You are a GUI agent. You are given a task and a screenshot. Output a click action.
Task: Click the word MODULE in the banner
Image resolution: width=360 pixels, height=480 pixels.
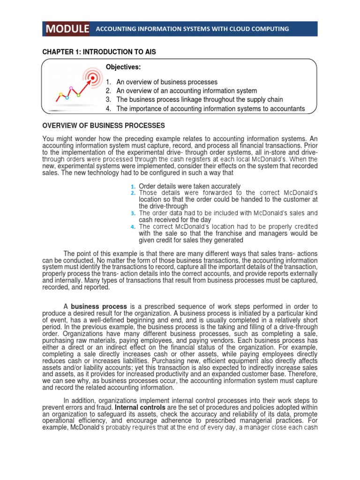(x=67, y=29)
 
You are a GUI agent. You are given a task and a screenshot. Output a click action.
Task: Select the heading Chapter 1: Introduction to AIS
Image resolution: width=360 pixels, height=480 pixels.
(x=99, y=52)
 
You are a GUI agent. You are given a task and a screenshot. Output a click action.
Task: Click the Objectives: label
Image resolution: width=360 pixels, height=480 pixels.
(x=123, y=67)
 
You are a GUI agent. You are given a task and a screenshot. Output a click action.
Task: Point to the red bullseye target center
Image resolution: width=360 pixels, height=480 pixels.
(x=93, y=77)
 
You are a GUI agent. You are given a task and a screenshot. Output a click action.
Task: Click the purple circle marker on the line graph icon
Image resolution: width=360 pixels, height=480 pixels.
(x=71, y=88)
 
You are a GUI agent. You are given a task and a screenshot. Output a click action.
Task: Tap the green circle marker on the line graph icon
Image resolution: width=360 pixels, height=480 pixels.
(x=78, y=95)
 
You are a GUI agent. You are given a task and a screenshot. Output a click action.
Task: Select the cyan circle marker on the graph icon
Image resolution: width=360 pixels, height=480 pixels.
(x=67, y=97)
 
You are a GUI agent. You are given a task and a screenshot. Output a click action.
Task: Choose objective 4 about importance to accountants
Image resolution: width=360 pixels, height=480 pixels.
(x=210, y=109)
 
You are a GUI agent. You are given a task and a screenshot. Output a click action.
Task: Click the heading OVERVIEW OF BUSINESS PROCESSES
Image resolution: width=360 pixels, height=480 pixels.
(x=104, y=126)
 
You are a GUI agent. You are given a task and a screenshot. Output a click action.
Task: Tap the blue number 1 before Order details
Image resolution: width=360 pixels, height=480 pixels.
(x=133, y=187)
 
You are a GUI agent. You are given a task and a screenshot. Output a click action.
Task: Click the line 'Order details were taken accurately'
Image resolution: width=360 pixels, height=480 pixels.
(x=189, y=186)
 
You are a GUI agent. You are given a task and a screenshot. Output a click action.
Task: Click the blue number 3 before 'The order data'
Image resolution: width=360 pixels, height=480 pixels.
(x=133, y=213)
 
